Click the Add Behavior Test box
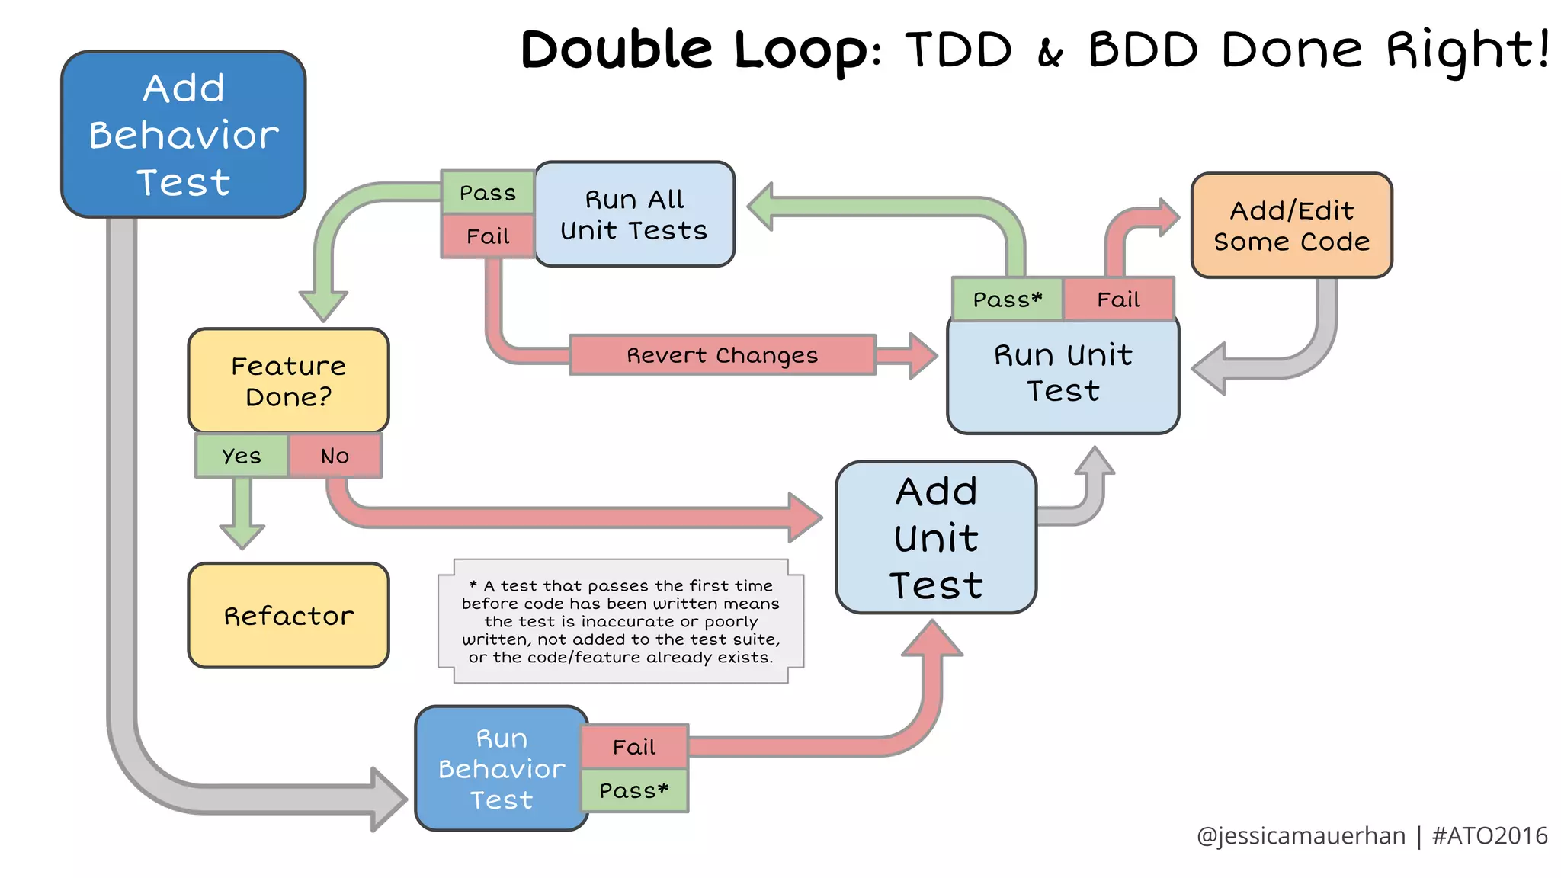click(x=183, y=135)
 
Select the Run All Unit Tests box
click(x=634, y=214)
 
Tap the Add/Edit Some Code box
click(x=1291, y=226)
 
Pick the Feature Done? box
click(x=288, y=381)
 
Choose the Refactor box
click(x=288, y=616)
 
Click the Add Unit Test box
click(x=936, y=537)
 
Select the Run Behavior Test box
click(x=502, y=768)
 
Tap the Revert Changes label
click(x=722, y=355)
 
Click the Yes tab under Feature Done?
click(x=242, y=456)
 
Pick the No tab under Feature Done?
click(x=335, y=456)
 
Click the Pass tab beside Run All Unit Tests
click(x=488, y=193)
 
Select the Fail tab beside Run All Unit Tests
click(x=488, y=236)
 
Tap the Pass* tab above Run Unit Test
click(x=1007, y=300)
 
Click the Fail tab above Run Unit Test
click(x=1118, y=300)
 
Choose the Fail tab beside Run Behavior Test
click(x=634, y=747)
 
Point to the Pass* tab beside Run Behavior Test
click(x=634, y=791)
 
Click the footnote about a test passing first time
click(x=620, y=621)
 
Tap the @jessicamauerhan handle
click(x=1300, y=836)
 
